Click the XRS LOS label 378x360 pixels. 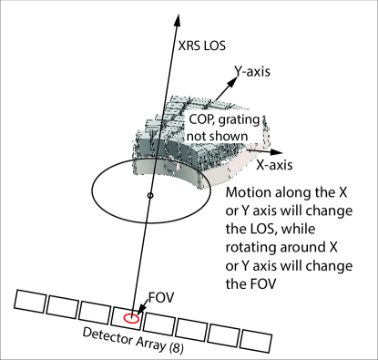(202, 46)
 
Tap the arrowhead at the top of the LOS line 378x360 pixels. (177, 20)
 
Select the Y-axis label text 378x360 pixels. (252, 71)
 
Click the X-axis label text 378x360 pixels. (274, 165)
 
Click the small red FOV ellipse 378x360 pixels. (131, 318)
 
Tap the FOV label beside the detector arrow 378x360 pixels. (161, 298)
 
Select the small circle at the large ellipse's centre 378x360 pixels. (150, 196)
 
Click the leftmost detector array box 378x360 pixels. (29, 301)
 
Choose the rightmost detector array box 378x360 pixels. (256, 341)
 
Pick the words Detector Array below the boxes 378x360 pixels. (124, 339)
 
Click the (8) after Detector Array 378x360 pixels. (176, 348)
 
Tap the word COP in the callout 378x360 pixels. (199, 119)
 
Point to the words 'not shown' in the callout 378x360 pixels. (218, 136)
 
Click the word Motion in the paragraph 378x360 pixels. (249, 192)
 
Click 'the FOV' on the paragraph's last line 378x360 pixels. (250, 284)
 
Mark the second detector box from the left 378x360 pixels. (62, 306)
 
